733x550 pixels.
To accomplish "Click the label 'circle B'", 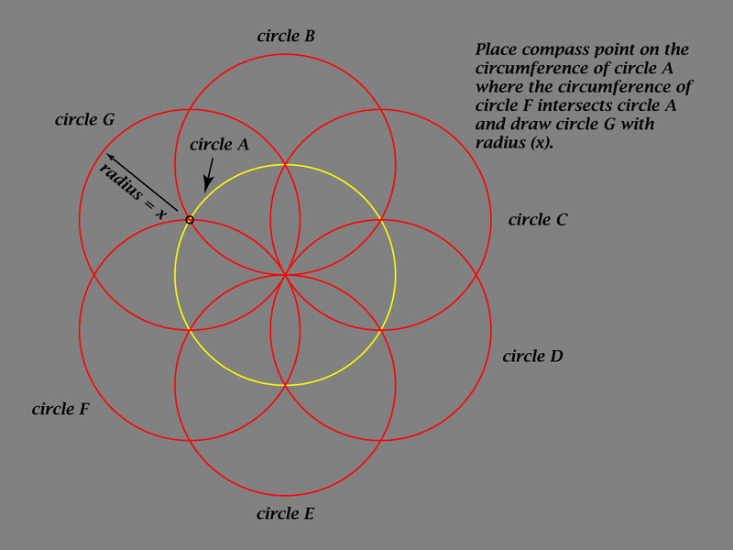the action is (x=286, y=36).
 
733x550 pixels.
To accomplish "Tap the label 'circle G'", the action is (x=84, y=119).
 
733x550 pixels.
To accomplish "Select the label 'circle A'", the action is (x=219, y=144).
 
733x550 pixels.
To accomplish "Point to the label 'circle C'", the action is (x=538, y=219).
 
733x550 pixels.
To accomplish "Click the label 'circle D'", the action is (x=532, y=356).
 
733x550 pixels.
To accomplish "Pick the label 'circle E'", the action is (x=285, y=513).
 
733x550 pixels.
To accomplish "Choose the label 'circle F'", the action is (x=60, y=409).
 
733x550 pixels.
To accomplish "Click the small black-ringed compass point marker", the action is (x=190, y=219).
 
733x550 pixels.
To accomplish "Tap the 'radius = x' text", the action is (x=132, y=192).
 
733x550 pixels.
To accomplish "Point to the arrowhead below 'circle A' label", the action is (x=207, y=186).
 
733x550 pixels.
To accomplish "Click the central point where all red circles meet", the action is (x=285, y=275).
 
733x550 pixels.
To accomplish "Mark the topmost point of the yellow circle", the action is (x=285, y=165).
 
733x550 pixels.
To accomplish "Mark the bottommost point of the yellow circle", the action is (x=285, y=385).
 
